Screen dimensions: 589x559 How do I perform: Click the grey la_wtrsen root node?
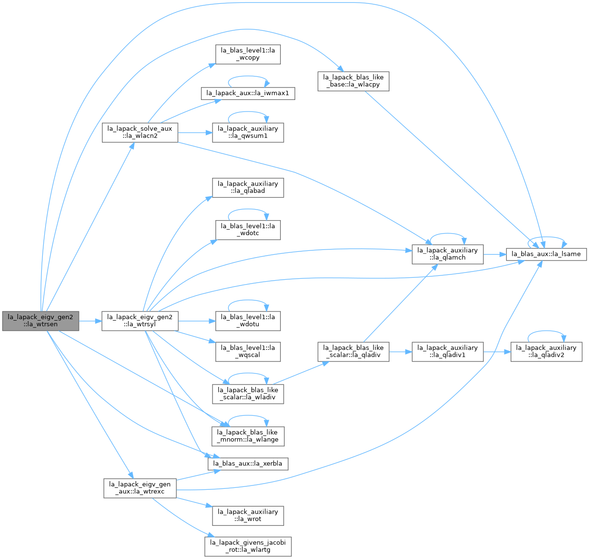click(x=40, y=321)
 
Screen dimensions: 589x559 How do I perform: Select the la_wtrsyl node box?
click(x=140, y=321)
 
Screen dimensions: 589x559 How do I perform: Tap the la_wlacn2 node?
click(x=140, y=132)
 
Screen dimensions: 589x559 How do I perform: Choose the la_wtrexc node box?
click(x=140, y=488)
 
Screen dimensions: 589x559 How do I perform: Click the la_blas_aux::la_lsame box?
click(x=546, y=254)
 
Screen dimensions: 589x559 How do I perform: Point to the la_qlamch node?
click(x=448, y=254)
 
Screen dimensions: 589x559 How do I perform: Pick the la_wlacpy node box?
click(x=353, y=81)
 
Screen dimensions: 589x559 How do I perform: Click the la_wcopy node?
click(x=248, y=54)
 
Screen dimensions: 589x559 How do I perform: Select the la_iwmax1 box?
click(x=248, y=93)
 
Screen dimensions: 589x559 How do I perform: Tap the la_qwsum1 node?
click(x=248, y=132)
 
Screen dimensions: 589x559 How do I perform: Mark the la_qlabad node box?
click(x=248, y=187)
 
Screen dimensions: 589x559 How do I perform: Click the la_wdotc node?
click(x=248, y=230)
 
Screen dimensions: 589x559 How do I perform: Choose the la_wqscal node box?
click(x=248, y=352)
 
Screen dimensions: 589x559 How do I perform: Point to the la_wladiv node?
click(x=248, y=394)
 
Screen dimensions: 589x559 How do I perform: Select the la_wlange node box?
click(x=248, y=436)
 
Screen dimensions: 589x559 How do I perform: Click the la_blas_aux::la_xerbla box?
click(x=248, y=464)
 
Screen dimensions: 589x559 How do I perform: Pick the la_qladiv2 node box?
click(x=546, y=352)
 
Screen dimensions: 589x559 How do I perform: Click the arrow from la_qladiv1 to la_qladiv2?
click(x=497, y=352)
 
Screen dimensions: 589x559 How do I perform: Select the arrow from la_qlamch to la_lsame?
click(x=495, y=254)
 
